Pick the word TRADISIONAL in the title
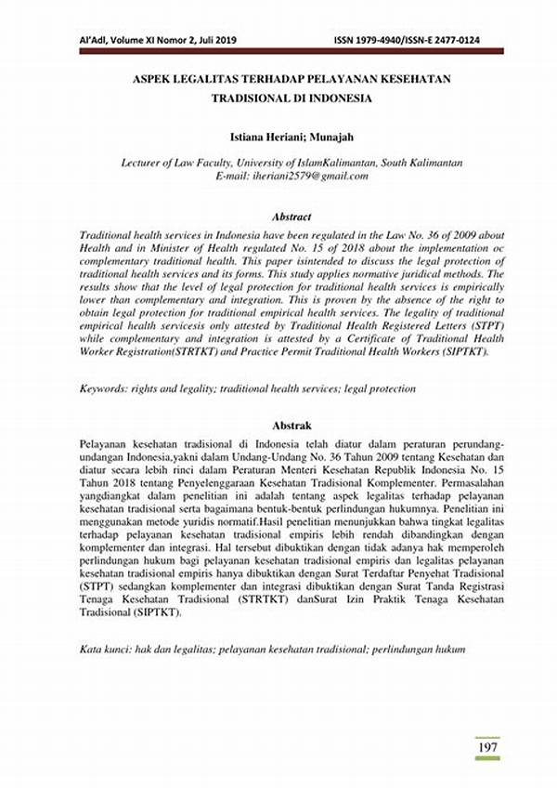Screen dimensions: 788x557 coord(250,98)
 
